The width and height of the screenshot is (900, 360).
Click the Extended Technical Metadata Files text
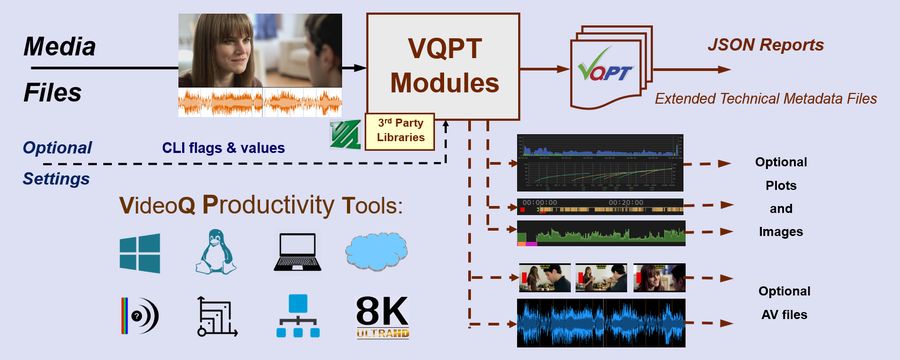tap(765, 98)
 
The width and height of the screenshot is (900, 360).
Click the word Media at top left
tap(59, 46)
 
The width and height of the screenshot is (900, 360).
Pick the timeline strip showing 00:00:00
tap(600, 206)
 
